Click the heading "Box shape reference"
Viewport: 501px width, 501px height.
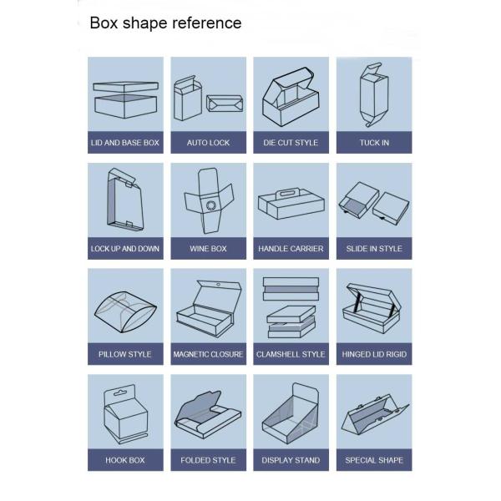165,23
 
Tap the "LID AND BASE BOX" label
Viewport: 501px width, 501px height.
125,143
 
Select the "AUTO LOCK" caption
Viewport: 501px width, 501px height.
208,143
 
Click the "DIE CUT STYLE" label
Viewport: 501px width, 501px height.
291,143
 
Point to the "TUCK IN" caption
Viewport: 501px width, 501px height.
374,143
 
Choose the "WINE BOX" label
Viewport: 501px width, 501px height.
208,249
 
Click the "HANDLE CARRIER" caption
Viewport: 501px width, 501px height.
291,249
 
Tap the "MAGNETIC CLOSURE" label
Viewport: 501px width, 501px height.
208,354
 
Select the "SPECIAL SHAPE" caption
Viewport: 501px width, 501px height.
374,460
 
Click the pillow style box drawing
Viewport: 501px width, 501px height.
125,312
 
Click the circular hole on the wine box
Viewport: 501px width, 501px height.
211,205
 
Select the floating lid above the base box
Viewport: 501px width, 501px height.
125,87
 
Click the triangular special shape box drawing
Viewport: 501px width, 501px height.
375,414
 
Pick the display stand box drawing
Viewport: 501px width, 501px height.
291,413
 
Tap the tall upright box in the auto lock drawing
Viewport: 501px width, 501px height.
188,99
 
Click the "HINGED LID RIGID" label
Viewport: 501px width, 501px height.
374,354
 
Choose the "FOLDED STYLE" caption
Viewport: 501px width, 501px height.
208,460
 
